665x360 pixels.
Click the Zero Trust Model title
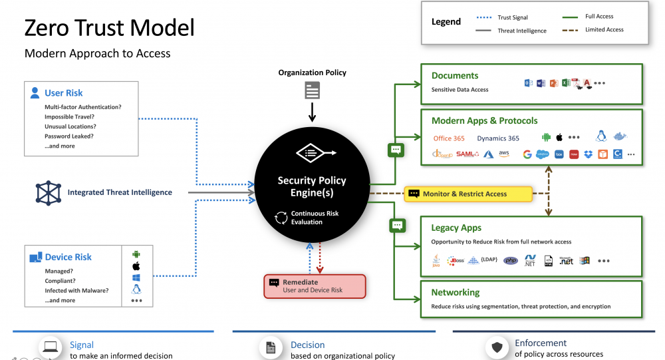tap(109, 27)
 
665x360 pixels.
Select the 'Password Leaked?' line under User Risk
tap(68, 136)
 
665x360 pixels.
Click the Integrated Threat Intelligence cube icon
tap(48, 192)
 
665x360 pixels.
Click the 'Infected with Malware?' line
tap(76, 290)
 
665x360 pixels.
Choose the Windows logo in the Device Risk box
tap(136, 277)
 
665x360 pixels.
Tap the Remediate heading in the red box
tap(301, 282)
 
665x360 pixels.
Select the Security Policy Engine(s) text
tap(312, 186)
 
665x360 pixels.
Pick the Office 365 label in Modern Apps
tap(449, 138)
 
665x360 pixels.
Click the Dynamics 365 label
tap(498, 138)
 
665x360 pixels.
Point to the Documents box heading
tap(455, 76)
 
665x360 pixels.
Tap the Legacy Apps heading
tap(456, 228)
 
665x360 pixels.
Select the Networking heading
tap(456, 292)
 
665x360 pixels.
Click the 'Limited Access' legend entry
tap(604, 30)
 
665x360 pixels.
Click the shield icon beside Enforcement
tap(497, 347)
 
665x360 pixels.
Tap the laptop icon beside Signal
tap(51, 347)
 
